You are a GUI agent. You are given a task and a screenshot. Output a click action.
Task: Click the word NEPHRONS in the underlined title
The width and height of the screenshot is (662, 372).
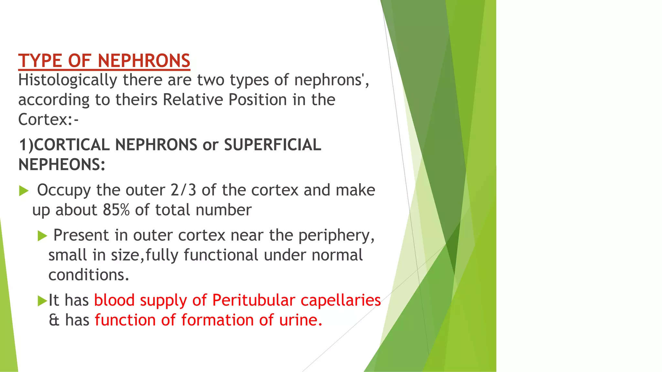coord(144,61)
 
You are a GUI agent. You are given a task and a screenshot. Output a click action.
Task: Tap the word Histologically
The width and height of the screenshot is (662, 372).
coord(68,80)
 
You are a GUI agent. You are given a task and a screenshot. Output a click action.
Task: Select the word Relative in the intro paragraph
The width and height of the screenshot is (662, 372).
coord(193,99)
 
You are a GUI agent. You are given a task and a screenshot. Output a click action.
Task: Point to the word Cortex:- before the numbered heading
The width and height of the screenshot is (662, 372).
coord(48,119)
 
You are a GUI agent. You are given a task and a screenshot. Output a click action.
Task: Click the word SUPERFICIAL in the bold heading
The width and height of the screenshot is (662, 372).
coord(272,145)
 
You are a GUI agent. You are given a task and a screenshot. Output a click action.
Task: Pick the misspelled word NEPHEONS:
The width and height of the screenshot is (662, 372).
coord(62,165)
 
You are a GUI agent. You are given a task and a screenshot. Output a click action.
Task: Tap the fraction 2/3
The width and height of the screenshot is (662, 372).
coord(183,190)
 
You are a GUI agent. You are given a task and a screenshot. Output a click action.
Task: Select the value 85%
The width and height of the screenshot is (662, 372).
coord(116,210)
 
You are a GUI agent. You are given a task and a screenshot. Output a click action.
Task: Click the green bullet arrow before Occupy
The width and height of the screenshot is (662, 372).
coord(24,191)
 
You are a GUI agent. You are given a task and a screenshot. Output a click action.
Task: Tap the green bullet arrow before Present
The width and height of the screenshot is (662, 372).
coord(42,236)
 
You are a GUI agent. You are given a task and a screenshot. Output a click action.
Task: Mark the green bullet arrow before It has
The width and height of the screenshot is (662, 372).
coord(42,301)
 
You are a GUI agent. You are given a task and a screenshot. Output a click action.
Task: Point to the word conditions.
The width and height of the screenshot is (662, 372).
coord(89,275)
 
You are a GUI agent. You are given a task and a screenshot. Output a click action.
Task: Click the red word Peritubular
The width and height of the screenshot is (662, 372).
coord(253,300)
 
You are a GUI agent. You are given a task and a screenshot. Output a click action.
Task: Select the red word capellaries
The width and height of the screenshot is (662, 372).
coord(341,300)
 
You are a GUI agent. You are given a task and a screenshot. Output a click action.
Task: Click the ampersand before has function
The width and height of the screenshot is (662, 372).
coord(54,320)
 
